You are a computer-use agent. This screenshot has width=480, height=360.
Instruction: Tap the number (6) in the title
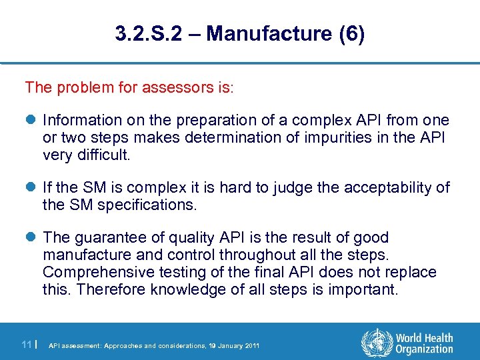click(x=351, y=35)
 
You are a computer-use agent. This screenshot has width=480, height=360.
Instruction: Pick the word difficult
click(x=105, y=155)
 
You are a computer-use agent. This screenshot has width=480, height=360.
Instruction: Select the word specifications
click(x=147, y=205)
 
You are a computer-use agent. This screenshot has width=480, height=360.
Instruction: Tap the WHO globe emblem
click(x=375, y=343)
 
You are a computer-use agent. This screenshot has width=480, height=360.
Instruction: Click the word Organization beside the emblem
click(x=424, y=349)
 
